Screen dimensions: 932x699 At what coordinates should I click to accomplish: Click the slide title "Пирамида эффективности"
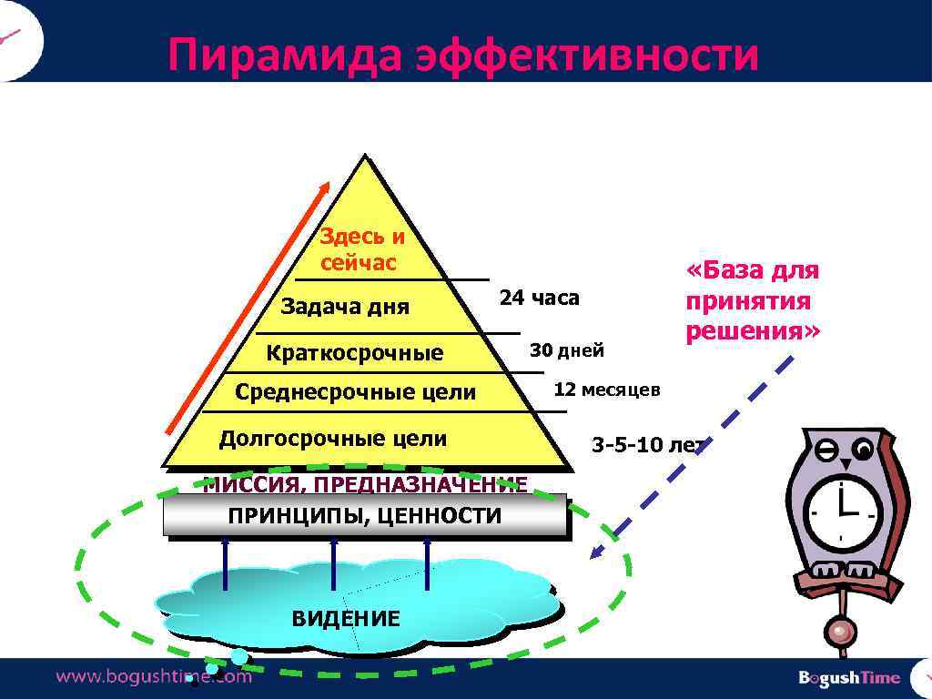click(x=462, y=56)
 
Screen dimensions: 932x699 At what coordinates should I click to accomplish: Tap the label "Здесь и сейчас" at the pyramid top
click(x=360, y=250)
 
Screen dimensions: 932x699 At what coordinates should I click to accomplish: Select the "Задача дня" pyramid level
click(x=345, y=307)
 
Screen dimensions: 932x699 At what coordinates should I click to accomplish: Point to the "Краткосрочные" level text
click(x=354, y=353)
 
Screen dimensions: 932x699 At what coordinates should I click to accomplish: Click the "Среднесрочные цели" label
click(x=355, y=392)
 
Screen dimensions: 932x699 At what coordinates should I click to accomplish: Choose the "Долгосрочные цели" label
click(x=333, y=439)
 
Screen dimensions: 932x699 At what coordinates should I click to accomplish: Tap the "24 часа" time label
click(x=539, y=298)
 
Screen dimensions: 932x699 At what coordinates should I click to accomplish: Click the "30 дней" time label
click(x=567, y=350)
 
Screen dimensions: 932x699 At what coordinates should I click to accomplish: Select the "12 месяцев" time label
click(x=607, y=390)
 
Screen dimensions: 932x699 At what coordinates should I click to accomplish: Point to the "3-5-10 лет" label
click(x=647, y=445)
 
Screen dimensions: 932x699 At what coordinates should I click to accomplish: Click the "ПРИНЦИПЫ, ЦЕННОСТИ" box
click(x=364, y=516)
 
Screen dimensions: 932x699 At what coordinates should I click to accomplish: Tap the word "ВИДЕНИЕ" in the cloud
click(x=345, y=619)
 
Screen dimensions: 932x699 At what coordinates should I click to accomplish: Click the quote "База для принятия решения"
click(x=753, y=300)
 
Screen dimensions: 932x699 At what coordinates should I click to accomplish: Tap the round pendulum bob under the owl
click(x=841, y=630)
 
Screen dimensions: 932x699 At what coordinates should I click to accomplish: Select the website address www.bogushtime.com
click(x=154, y=676)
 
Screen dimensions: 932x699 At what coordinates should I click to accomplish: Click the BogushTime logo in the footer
click(x=848, y=677)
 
